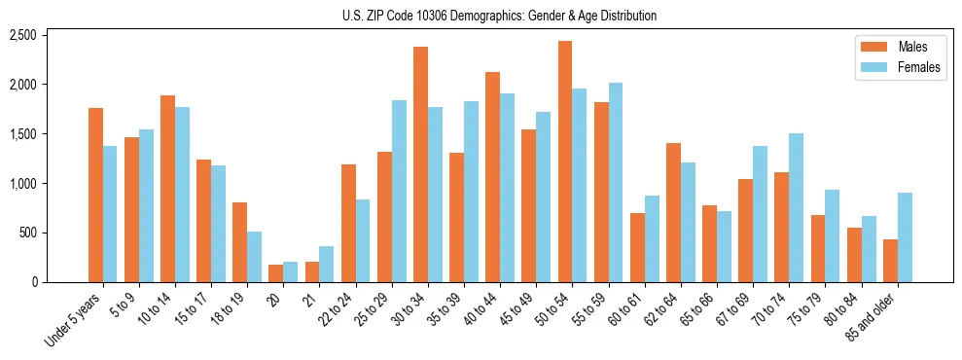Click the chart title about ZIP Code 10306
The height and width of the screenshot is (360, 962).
coord(500,16)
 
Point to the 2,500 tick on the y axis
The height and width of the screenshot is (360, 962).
coord(22,36)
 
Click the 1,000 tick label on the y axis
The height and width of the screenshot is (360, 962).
coord(22,184)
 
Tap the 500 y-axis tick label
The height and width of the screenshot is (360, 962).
coord(27,234)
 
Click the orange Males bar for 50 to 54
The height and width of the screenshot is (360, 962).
coord(565,162)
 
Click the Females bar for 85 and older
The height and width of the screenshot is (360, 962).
coord(905,237)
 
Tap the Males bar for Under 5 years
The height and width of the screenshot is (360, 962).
coord(95,195)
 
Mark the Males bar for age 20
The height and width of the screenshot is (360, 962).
coord(276,273)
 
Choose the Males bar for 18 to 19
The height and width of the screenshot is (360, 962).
coord(239,242)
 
